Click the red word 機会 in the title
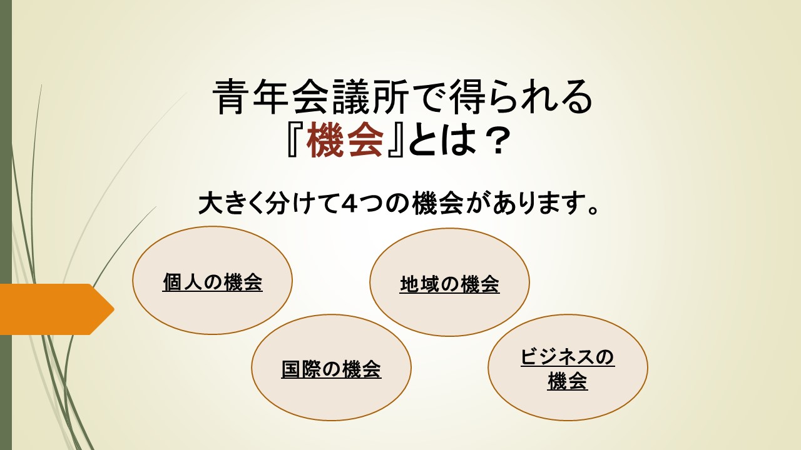tap(345, 139)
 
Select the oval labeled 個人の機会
tap(212, 281)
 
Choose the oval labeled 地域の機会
tap(449, 282)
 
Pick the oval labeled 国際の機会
tap(331, 367)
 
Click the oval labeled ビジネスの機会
tap(568, 367)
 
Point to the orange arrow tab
tap(57, 309)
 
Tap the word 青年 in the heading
tap(250, 97)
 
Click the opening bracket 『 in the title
tap(295, 139)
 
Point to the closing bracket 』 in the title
tap(395, 139)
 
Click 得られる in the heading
tap(519, 97)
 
